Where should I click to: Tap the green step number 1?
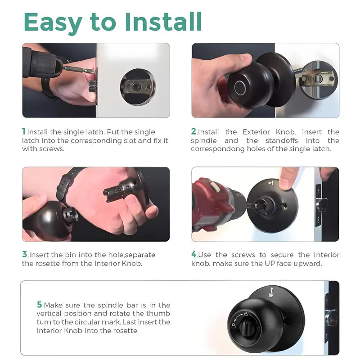[x=24, y=132]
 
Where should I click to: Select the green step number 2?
[x=194, y=132]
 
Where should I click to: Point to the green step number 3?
[x=25, y=254]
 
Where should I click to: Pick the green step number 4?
[x=194, y=254]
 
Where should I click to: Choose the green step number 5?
[x=40, y=305]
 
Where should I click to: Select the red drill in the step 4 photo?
[x=214, y=202]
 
